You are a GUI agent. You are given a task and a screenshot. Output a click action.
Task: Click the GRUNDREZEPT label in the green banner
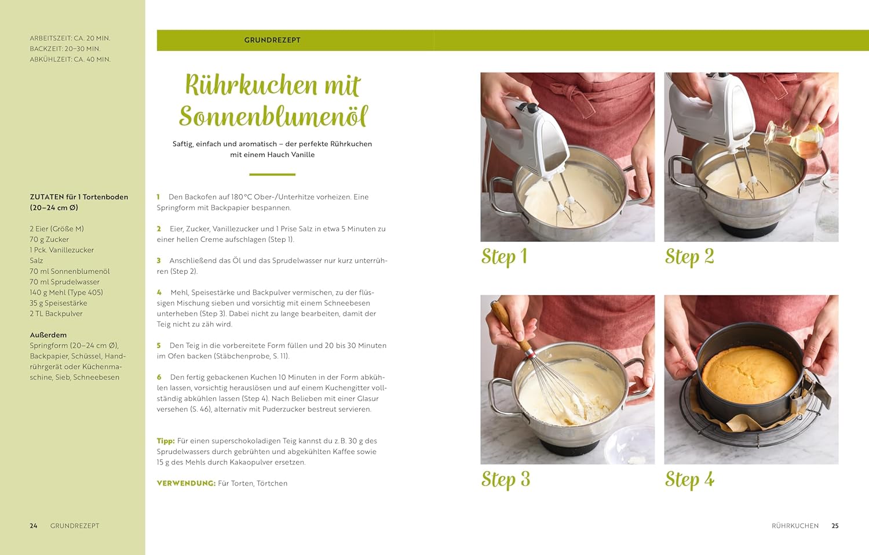pyautogui.click(x=272, y=40)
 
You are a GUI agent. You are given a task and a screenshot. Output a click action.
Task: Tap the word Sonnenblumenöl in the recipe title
pyautogui.click(x=273, y=116)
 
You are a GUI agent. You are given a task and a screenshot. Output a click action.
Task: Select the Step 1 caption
pyautogui.click(x=504, y=257)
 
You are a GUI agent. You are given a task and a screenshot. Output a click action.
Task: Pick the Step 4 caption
pyautogui.click(x=689, y=480)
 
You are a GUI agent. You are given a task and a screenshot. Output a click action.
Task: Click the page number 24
pyautogui.click(x=34, y=525)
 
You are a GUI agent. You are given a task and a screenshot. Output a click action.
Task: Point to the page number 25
pyautogui.click(x=835, y=525)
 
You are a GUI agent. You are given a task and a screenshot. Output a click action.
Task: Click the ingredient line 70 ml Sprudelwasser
pyautogui.click(x=64, y=282)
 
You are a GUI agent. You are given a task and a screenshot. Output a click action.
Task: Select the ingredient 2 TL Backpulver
pyautogui.click(x=56, y=313)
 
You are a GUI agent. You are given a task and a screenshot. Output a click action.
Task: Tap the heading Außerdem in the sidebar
pyautogui.click(x=48, y=335)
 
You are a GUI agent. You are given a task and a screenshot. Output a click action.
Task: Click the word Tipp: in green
pyautogui.click(x=166, y=441)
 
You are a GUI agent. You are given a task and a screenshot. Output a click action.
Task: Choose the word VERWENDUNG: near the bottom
pyautogui.click(x=186, y=483)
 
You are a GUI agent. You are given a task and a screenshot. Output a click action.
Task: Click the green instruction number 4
pyautogui.click(x=159, y=292)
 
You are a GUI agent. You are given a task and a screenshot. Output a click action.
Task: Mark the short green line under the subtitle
pyautogui.click(x=272, y=175)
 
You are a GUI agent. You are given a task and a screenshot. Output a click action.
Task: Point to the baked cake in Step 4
pyautogui.click(x=750, y=375)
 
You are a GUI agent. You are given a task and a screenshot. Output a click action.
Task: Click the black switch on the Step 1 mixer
pyautogui.click(x=528, y=107)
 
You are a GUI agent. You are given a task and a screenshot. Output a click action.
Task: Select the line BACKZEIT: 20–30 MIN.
pyautogui.click(x=65, y=49)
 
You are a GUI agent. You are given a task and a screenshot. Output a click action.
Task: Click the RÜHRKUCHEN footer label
pyautogui.click(x=795, y=525)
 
